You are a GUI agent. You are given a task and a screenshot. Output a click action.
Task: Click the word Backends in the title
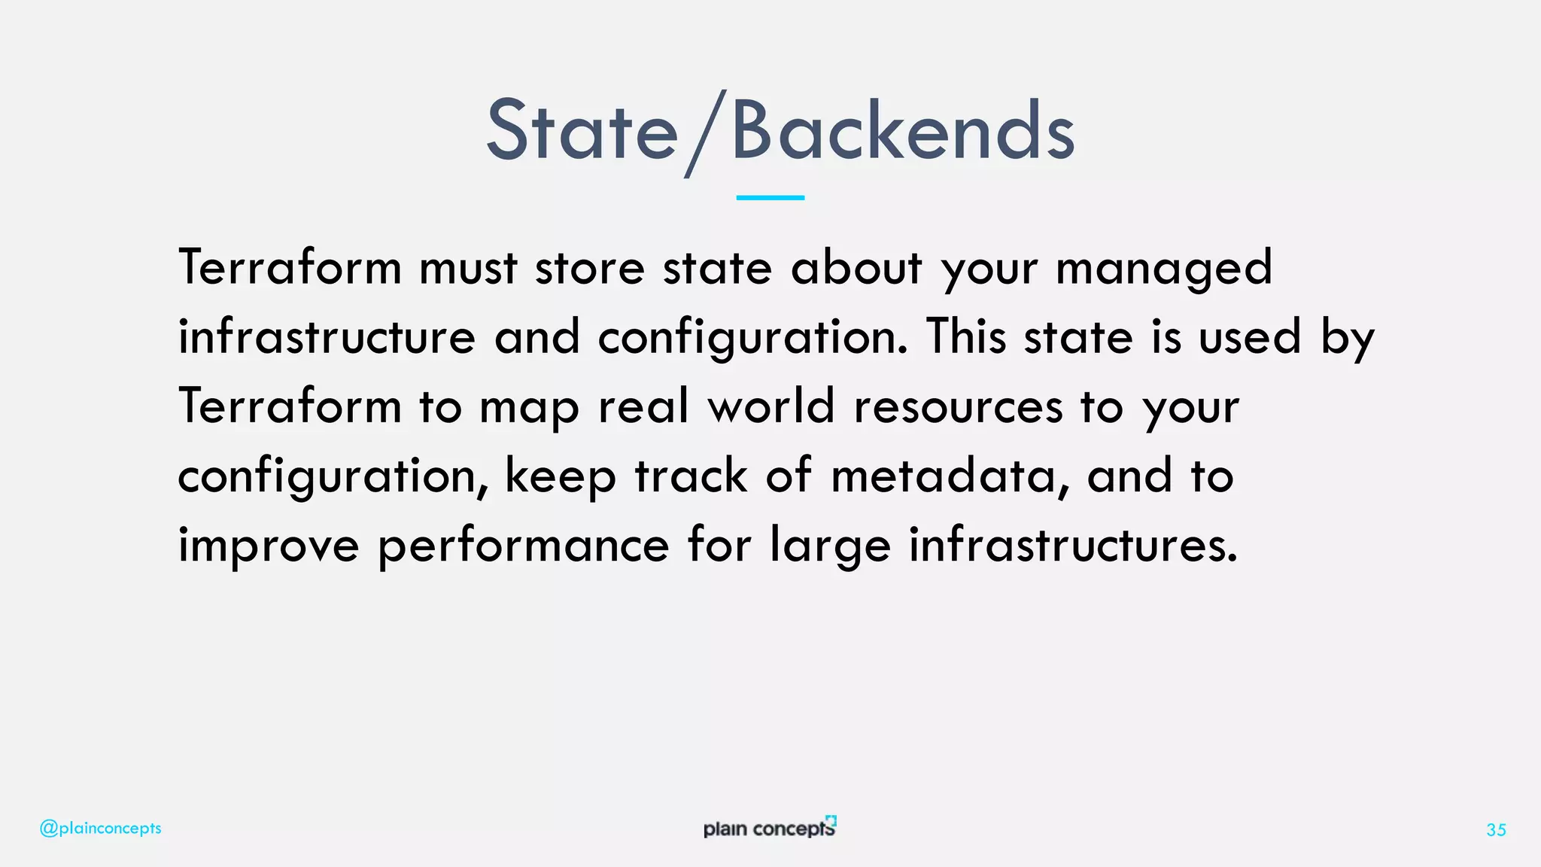pos(902,132)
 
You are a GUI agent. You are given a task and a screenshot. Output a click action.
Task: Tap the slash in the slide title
pos(705,134)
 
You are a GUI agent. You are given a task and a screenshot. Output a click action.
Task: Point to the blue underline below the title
pos(770,198)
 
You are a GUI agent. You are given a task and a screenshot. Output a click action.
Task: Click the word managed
pos(1163,269)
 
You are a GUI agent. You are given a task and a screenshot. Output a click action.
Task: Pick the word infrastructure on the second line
pos(327,337)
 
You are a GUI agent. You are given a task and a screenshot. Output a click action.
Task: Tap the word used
pos(1249,337)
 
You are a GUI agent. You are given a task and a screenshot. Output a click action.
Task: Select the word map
pos(529,408)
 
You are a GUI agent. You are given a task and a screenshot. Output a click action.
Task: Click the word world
pos(770,406)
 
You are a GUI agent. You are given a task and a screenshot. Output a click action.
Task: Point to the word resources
pos(958,408)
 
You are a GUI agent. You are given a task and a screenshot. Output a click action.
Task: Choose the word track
pos(691,476)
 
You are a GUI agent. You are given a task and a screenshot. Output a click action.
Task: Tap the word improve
pos(269,546)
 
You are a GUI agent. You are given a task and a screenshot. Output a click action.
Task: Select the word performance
pos(523,546)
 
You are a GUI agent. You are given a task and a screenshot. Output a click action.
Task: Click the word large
pos(830,546)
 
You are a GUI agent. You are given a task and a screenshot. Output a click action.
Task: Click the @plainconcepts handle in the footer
pos(100,829)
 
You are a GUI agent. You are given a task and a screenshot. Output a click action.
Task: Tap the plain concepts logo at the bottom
pos(769,828)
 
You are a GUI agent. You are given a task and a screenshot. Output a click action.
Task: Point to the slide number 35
pos(1496,830)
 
